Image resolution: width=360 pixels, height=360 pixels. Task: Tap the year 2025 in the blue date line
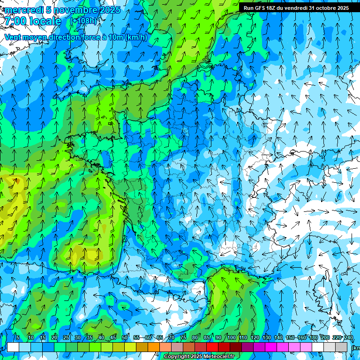[109, 10]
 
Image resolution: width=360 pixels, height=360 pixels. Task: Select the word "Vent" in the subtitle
[13, 37]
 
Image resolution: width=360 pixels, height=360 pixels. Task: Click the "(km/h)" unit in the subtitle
[136, 37]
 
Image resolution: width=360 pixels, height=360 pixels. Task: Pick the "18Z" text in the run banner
[271, 8]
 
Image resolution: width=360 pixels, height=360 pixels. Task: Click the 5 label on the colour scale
[18, 337]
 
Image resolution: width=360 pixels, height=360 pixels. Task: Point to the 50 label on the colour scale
[125, 337]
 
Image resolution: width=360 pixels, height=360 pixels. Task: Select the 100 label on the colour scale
[231, 337]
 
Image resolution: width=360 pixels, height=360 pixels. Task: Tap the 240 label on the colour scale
[349, 337]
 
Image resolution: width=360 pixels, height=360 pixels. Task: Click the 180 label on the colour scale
[314, 337]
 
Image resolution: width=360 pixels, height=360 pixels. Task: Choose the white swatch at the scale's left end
[13, 347]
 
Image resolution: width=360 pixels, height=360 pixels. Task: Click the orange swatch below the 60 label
[153, 347]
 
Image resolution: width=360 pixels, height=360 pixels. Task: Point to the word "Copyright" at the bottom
[176, 357]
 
